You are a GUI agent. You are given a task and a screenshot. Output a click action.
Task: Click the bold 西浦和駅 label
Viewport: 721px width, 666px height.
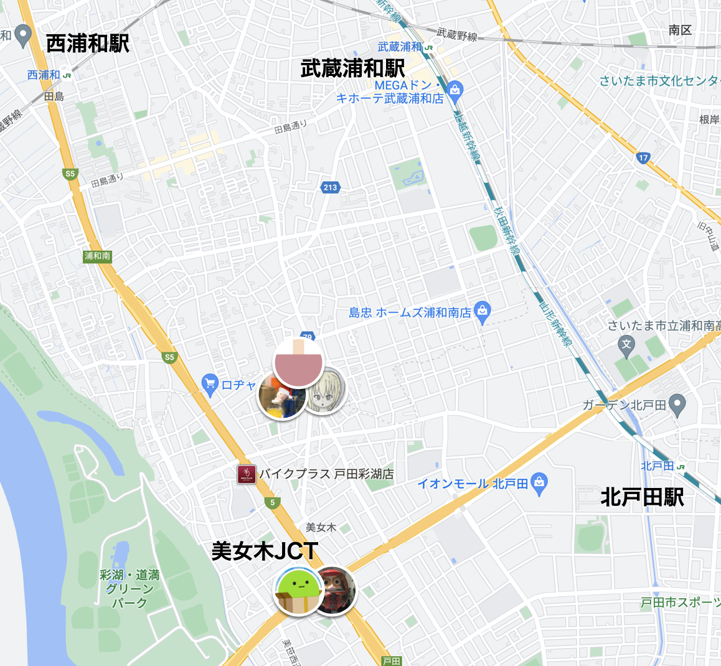coord(88,44)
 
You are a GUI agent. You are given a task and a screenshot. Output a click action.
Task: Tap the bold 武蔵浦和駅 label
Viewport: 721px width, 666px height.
coord(352,68)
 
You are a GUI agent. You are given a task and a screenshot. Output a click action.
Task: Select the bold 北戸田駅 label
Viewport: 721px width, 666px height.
coord(642,497)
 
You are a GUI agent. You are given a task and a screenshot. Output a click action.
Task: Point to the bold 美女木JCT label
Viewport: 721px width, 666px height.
coord(265,551)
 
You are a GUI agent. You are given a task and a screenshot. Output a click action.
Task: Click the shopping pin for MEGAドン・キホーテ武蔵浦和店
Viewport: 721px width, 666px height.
coord(455,91)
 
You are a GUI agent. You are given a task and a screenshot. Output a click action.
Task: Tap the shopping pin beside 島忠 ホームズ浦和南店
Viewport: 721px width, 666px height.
coord(483,311)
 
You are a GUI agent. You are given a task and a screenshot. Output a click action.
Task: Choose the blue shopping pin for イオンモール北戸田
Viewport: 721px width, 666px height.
coord(539,482)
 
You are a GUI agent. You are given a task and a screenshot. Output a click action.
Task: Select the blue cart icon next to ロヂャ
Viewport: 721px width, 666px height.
coord(210,384)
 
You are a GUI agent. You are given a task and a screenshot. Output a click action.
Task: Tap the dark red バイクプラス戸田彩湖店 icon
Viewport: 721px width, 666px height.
coord(247,474)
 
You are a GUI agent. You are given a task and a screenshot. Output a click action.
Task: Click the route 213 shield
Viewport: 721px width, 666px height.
coord(330,187)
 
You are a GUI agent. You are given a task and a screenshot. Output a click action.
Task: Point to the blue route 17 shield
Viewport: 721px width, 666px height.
coord(643,157)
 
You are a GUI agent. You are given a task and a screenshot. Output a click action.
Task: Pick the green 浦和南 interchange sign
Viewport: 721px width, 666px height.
coord(98,256)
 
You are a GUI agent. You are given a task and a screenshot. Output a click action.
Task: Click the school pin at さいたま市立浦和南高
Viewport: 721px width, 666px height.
coord(626,344)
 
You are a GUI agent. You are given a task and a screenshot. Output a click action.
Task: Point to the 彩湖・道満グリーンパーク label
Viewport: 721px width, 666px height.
coord(130,589)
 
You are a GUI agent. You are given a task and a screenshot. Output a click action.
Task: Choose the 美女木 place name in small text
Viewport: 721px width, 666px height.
coord(321,527)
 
